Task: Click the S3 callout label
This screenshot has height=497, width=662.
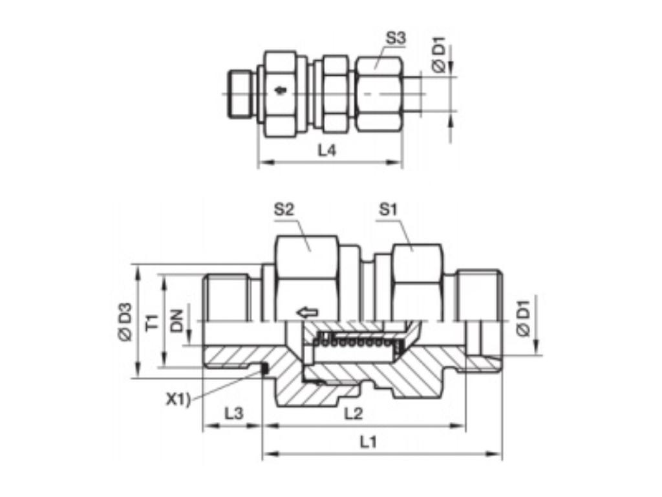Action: (x=396, y=38)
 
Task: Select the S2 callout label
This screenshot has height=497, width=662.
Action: (x=284, y=209)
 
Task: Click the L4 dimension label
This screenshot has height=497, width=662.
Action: (x=328, y=151)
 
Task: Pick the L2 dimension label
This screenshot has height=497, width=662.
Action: (x=354, y=413)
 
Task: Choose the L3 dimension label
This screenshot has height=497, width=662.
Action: (x=233, y=413)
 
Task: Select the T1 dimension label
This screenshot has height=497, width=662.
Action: (x=152, y=322)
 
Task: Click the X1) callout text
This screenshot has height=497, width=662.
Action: (x=179, y=399)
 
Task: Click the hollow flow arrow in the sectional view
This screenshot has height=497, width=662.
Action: (x=307, y=313)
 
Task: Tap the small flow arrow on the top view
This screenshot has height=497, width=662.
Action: (x=279, y=90)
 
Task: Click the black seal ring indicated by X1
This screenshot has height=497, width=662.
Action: (x=264, y=369)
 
